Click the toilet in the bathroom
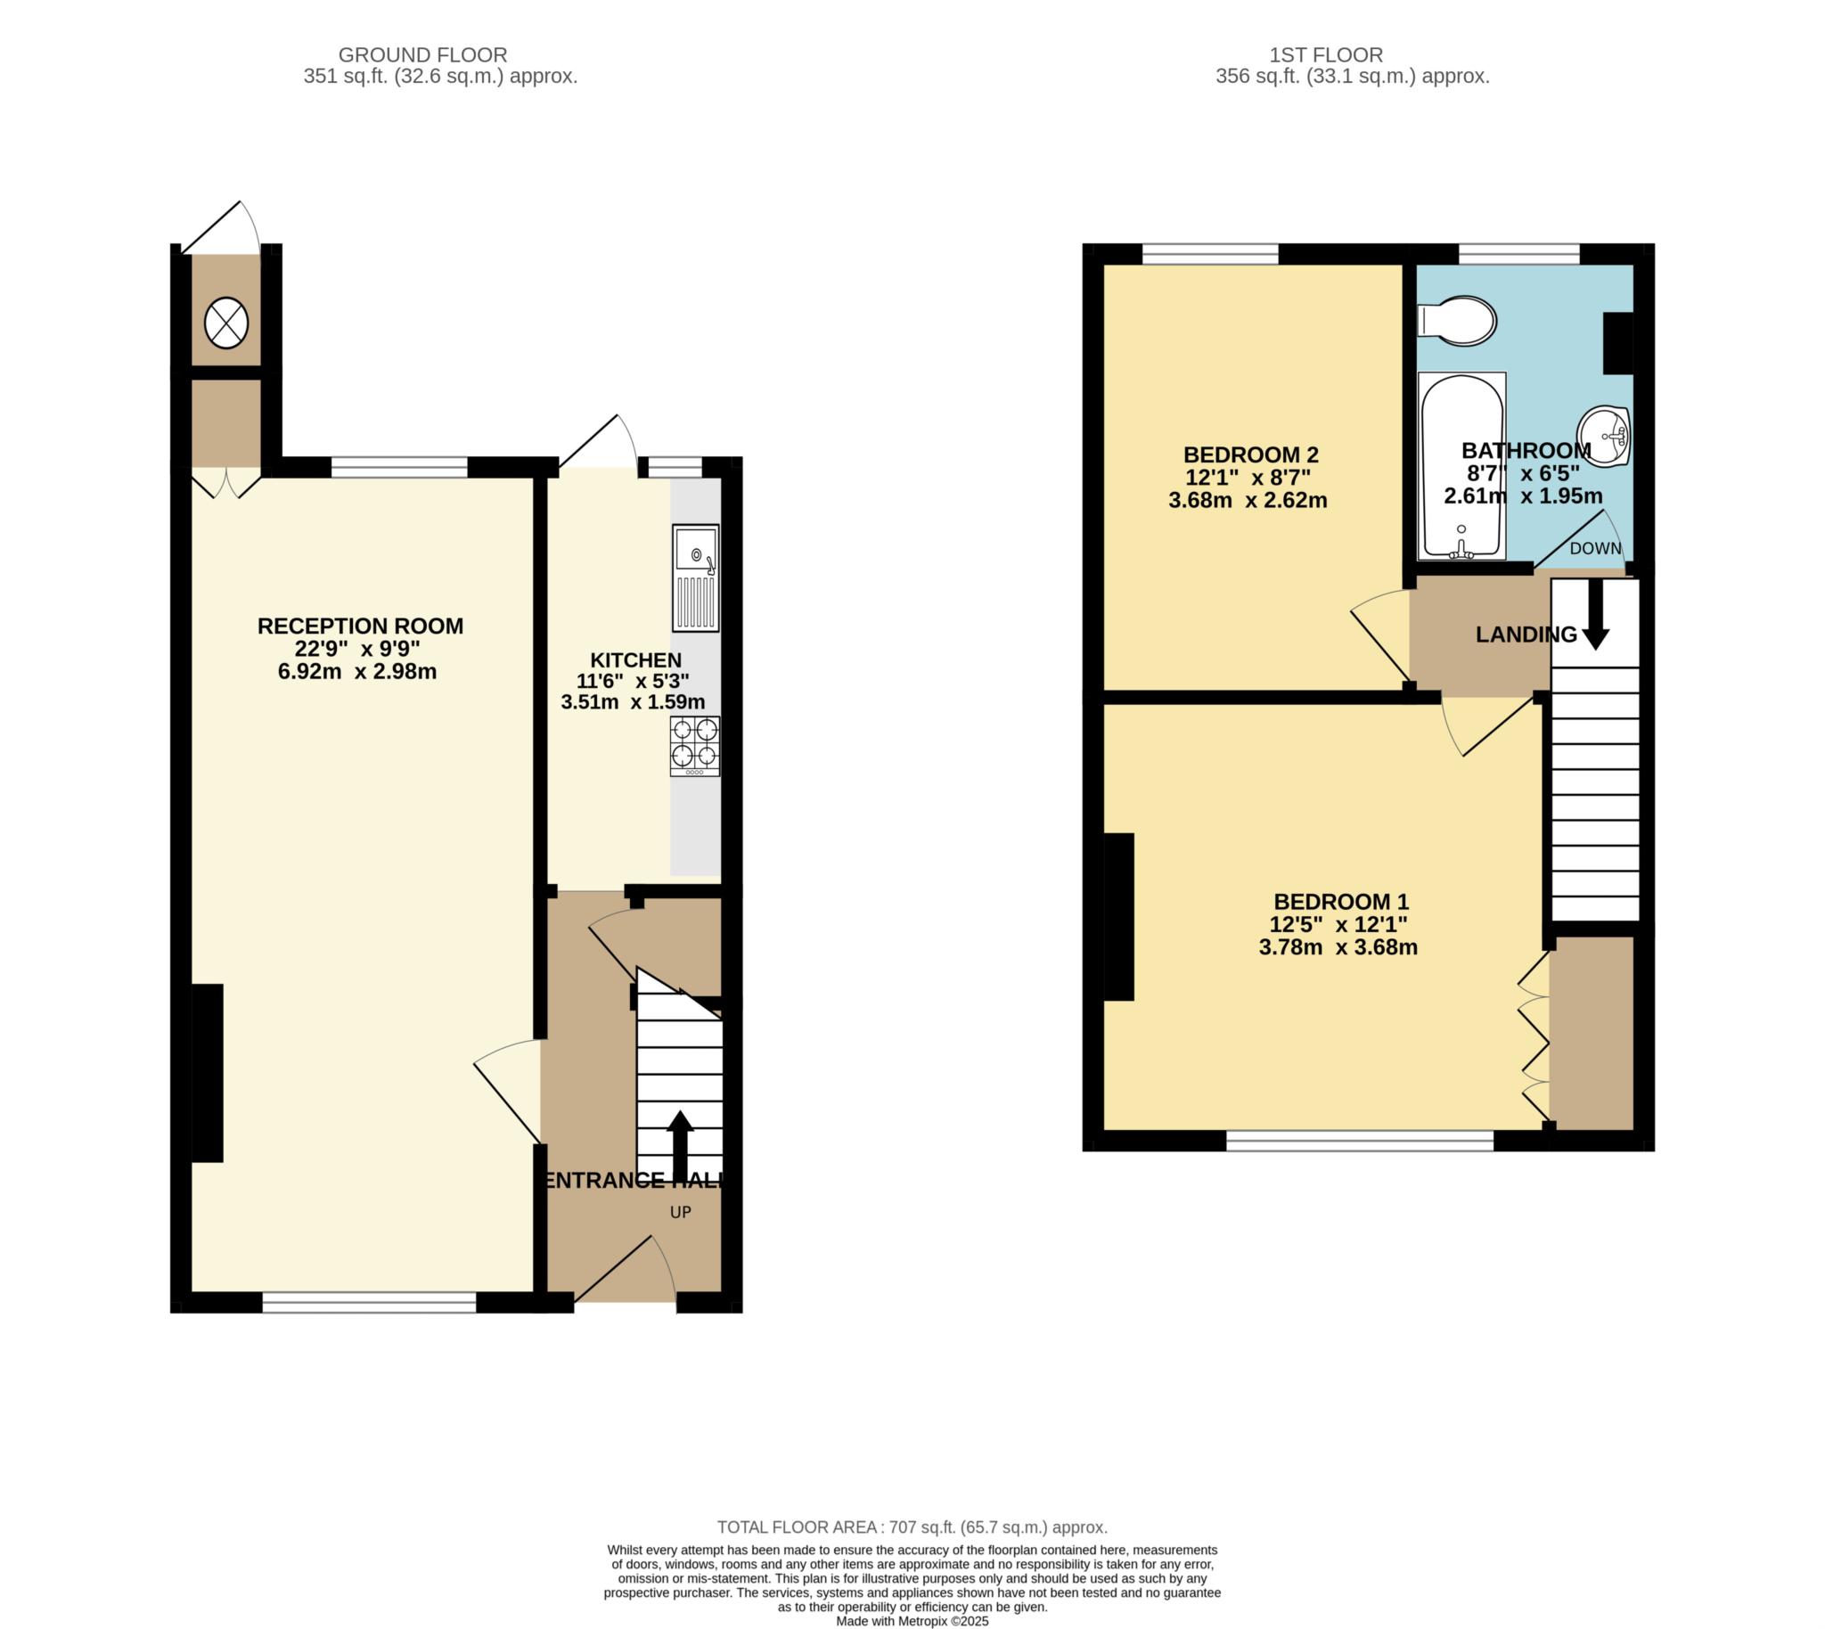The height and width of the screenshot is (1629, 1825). click(1456, 322)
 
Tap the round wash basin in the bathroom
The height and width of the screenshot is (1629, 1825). click(1604, 436)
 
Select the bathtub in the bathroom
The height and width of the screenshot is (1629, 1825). click(1461, 466)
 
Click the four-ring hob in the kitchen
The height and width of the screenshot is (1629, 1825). click(694, 746)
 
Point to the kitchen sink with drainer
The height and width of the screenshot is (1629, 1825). click(695, 577)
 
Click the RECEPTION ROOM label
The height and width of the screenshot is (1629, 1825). click(360, 626)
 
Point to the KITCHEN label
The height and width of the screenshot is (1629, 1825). click(635, 659)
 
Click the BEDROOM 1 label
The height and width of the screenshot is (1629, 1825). click(1339, 901)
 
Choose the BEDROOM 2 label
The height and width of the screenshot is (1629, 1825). click(1250, 454)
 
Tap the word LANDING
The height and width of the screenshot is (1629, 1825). click(1526, 634)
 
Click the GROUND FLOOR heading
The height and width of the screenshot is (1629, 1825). click(422, 54)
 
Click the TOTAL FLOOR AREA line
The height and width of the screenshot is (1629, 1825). click(912, 1527)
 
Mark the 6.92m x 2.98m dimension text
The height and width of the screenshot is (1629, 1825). click(357, 671)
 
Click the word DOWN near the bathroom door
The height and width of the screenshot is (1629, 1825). click(1595, 549)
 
